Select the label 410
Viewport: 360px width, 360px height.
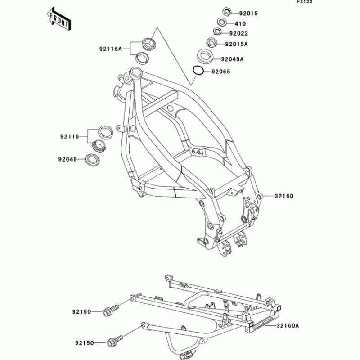click(x=240, y=23)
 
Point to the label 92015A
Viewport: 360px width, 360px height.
click(x=237, y=45)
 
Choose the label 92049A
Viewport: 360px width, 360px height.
click(x=232, y=59)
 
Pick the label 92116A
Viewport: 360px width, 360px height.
click(x=111, y=49)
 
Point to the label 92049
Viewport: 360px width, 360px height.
click(x=67, y=159)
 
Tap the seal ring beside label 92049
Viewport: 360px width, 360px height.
click(x=93, y=159)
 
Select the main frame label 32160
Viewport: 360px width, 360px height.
click(x=284, y=196)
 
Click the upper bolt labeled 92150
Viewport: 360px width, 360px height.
click(x=109, y=310)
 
